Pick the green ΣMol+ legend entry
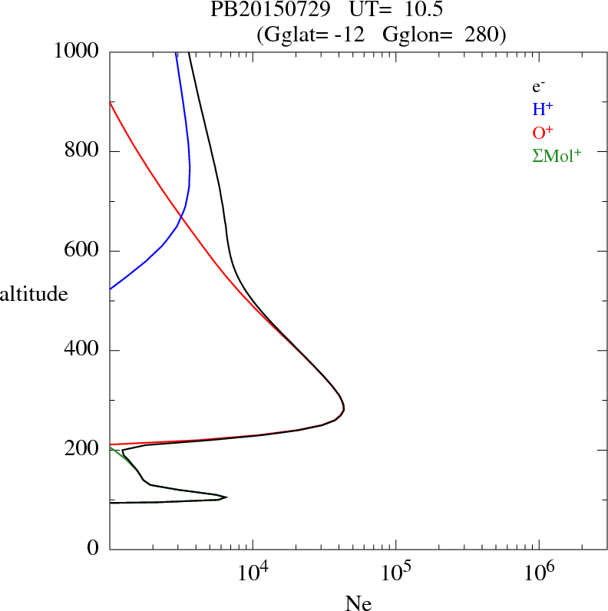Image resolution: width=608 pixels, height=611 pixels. coord(557,156)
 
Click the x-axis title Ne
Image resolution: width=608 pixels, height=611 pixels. coord(358,603)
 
